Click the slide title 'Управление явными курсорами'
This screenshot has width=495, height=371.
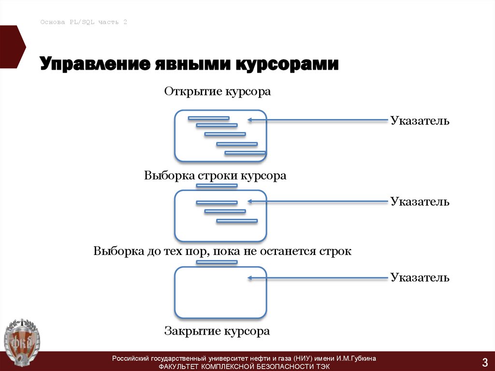point(189,64)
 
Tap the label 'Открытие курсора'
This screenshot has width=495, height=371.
point(218,91)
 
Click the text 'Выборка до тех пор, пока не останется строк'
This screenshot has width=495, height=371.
point(222,252)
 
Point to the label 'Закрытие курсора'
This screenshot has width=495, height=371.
point(217,331)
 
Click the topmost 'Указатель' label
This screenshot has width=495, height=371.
point(420,120)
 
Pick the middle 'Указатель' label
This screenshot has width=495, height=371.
point(420,201)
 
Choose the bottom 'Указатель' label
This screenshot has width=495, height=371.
point(420,277)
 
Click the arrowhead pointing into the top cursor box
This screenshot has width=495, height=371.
point(250,120)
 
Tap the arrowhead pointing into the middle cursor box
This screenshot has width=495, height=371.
point(250,201)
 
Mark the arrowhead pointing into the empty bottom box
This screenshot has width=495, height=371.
point(250,278)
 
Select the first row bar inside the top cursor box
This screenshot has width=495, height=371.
point(208,118)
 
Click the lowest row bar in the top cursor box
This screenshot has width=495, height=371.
point(245,153)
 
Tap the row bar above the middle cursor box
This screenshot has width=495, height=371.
point(217,185)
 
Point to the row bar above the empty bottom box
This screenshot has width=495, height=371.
point(217,262)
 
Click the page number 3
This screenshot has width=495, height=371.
point(484,361)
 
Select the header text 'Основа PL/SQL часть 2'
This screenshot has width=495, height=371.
point(84,22)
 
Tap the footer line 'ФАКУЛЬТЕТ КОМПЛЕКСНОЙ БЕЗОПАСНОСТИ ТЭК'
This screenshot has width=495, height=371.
point(244,367)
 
